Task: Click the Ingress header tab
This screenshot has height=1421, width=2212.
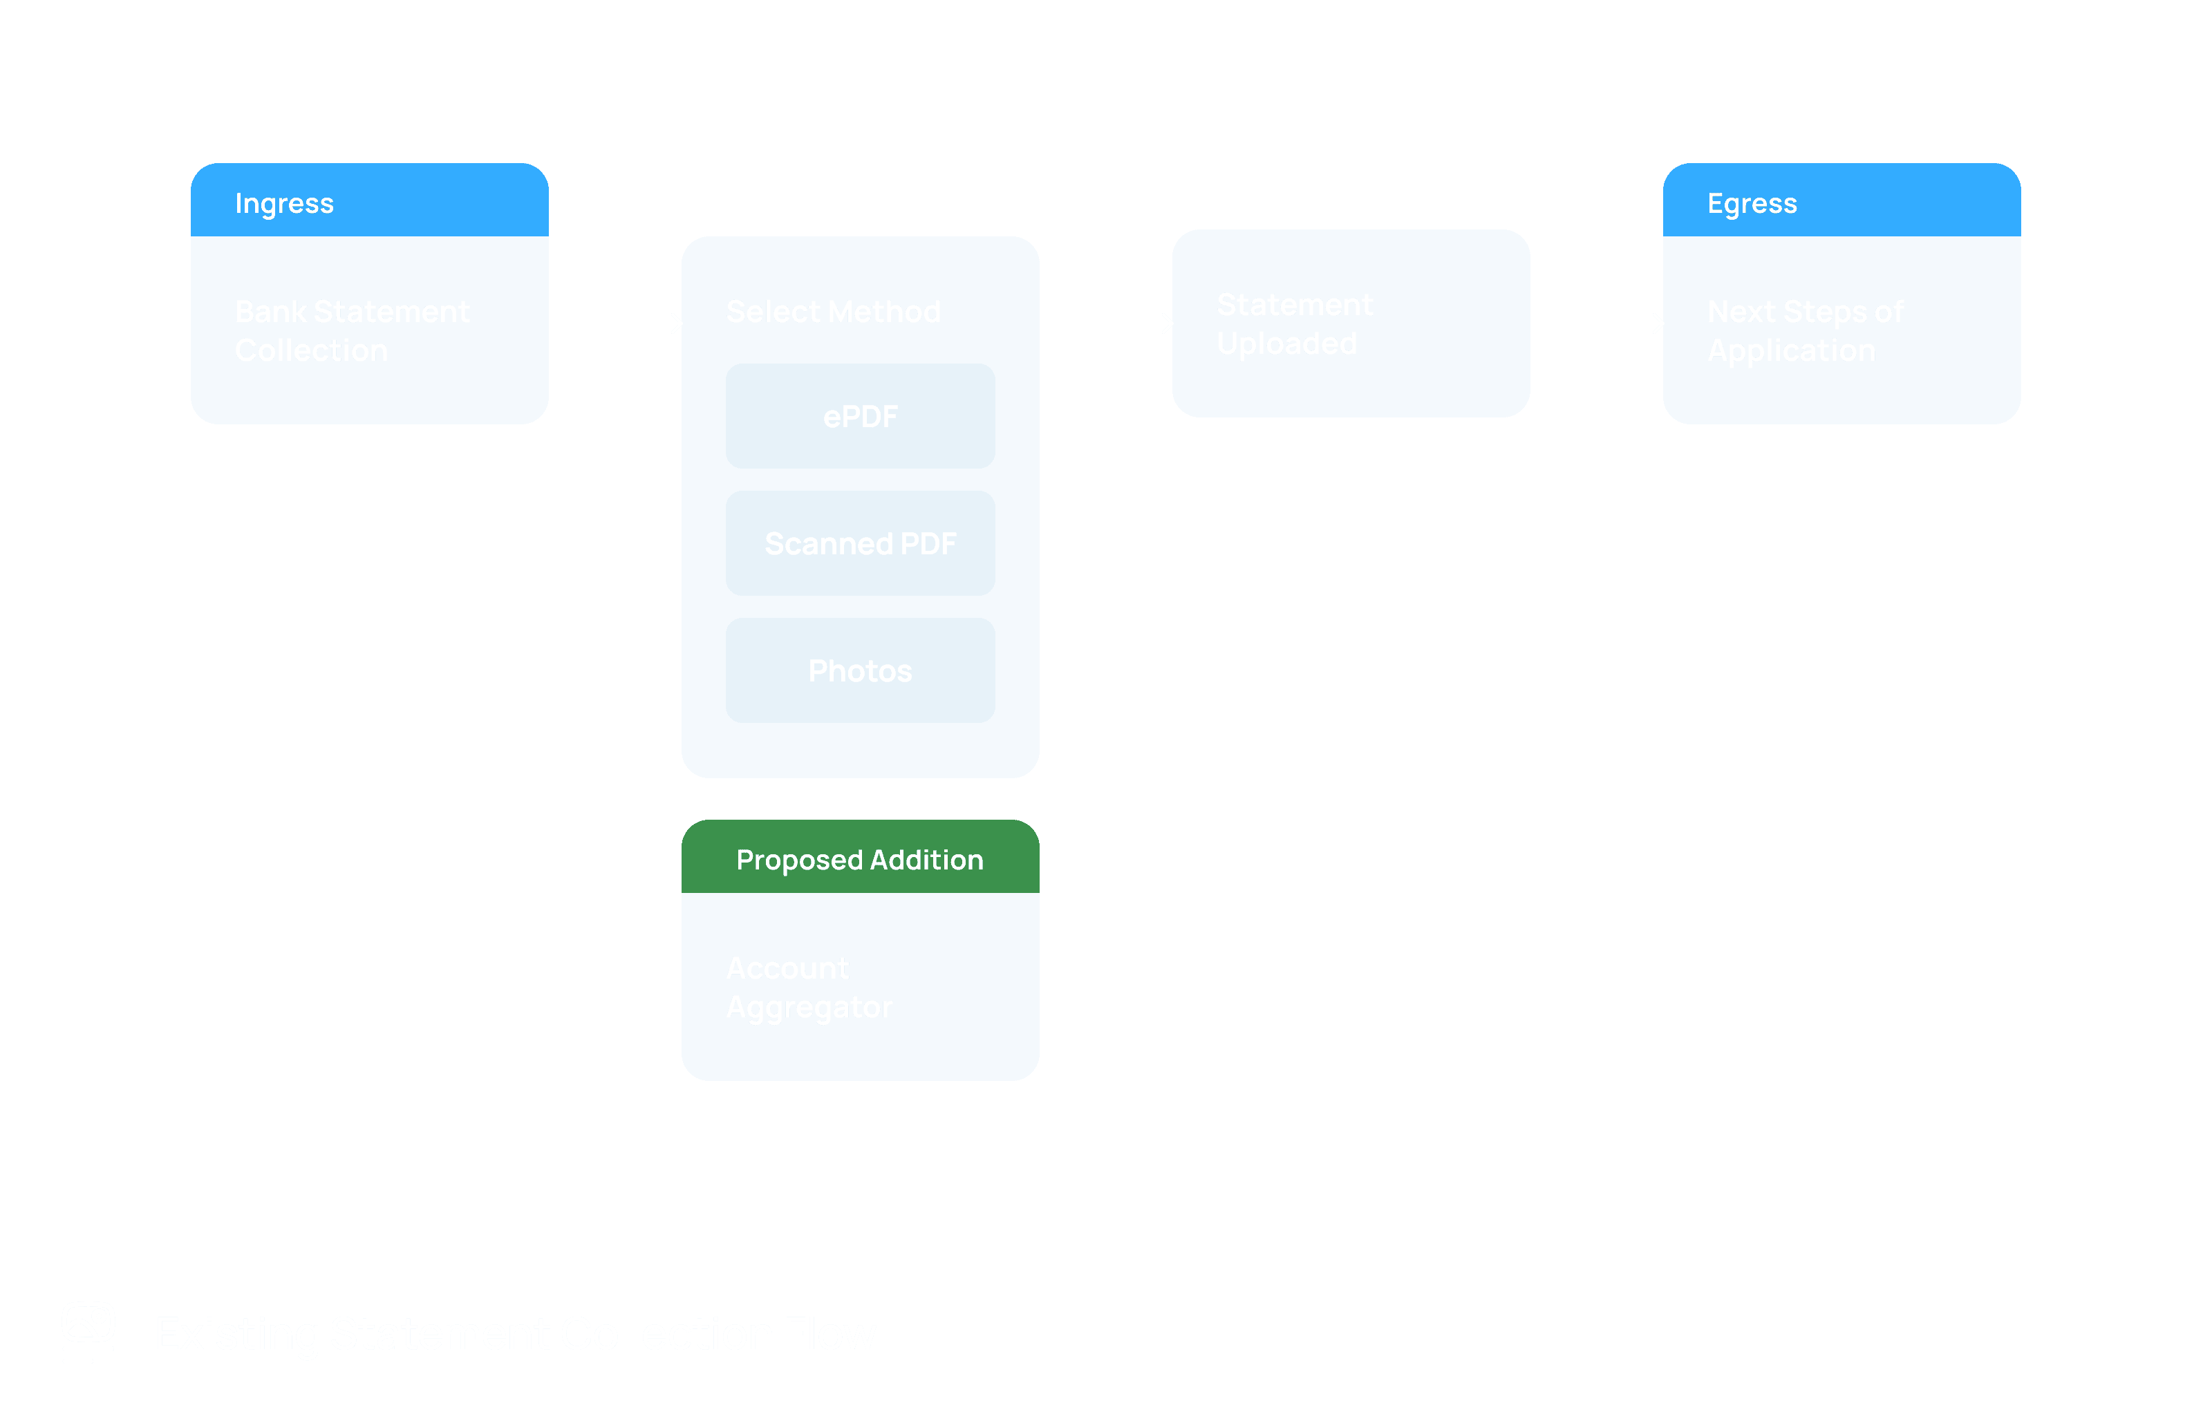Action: tap(369, 201)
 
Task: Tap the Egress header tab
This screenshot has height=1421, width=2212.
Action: tap(1841, 201)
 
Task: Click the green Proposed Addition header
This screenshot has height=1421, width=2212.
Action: tap(860, 858)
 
